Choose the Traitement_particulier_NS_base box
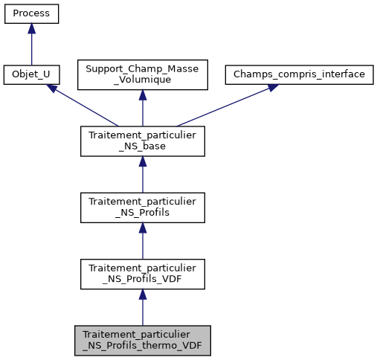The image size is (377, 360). (142, 141)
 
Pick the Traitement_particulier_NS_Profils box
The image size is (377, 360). (142, 208)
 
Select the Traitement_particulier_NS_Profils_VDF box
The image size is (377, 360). (142, 274)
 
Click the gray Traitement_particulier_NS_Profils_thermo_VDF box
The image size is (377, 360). (142, 340)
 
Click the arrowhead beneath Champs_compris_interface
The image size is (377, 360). (272, 87)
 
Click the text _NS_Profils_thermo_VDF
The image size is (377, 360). (142, 345)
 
